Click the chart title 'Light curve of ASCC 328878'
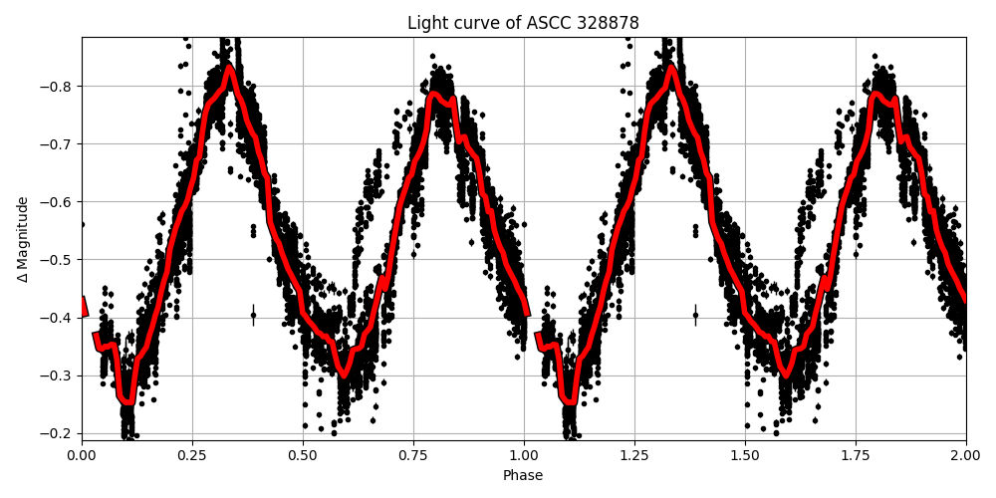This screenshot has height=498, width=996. (x=523, y=23)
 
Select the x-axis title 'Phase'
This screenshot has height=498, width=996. (x=523, y=476)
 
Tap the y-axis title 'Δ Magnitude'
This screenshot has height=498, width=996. (x=23, y=239)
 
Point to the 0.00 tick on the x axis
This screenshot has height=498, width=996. (x=82, y=455)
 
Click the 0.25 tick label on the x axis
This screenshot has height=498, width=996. (x=192, y=455)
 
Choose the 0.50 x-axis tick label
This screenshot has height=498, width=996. (x=303, y=455)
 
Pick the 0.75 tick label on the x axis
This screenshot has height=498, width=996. (x=413, y=455)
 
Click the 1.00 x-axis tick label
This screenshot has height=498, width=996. (x=524, y=455)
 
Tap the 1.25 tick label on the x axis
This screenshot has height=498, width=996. (x=634, y=455)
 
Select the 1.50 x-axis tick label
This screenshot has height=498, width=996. (x=745, y=455)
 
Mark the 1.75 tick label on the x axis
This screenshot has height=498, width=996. (x=856, y=455)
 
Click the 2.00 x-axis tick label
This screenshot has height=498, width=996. (x=965, y=455)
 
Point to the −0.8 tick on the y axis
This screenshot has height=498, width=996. (x=58, y=86)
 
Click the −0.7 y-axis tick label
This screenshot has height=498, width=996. (x=58, y=143)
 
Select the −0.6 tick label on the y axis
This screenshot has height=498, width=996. (x=58, y=201)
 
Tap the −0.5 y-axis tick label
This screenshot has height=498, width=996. (x=58, y=259)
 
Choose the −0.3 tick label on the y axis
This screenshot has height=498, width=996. (x=58, y=375)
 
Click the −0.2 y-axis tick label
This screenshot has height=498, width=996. (x=58, y=433)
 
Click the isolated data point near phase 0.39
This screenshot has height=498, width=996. (x=253, y=315)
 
